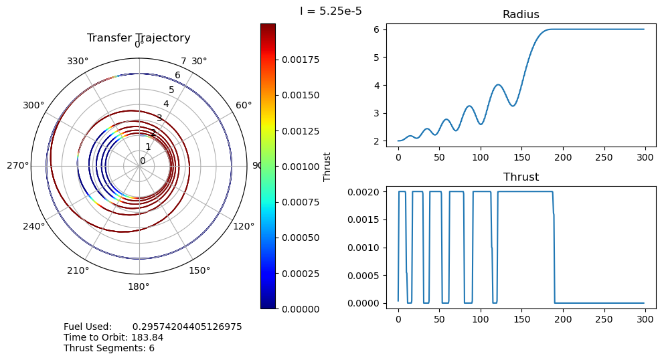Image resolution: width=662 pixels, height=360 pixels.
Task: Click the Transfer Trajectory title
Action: click(139, 38)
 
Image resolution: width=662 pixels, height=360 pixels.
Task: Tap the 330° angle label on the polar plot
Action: click(78, 62)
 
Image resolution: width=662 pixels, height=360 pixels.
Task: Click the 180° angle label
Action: click(139, 286)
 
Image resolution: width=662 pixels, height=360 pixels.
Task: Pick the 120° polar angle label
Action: click(244, 226)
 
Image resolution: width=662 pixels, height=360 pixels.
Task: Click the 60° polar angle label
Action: click(244, 105)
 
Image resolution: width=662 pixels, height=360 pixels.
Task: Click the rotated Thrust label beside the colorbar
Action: click(327, 166)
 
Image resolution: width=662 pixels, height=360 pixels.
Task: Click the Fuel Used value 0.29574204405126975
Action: click(187, 327)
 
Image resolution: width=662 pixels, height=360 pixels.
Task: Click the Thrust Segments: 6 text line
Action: click(109, 348)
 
